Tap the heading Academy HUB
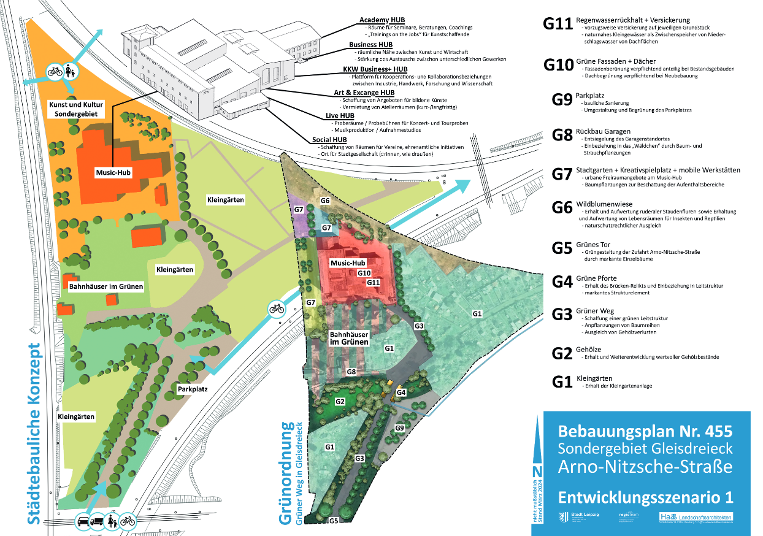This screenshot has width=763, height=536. (x=381, y=20)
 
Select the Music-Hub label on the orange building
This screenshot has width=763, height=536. (x=113, y=173)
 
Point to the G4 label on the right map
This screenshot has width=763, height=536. (x=401, y=392)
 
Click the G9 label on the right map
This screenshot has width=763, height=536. (x=399, y=427)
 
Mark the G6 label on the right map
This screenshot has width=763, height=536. (x=325, y=201)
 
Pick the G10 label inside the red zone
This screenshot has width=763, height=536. (x=364, y=273)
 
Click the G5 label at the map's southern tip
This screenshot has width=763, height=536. (x=334, y=521)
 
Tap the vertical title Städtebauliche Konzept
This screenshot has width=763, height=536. (x=36, y=434)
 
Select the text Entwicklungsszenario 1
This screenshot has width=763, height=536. (x=645, y=496)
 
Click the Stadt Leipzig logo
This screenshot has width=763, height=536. (x=572, y=516)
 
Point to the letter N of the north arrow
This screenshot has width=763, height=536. (x=538, y=471)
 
